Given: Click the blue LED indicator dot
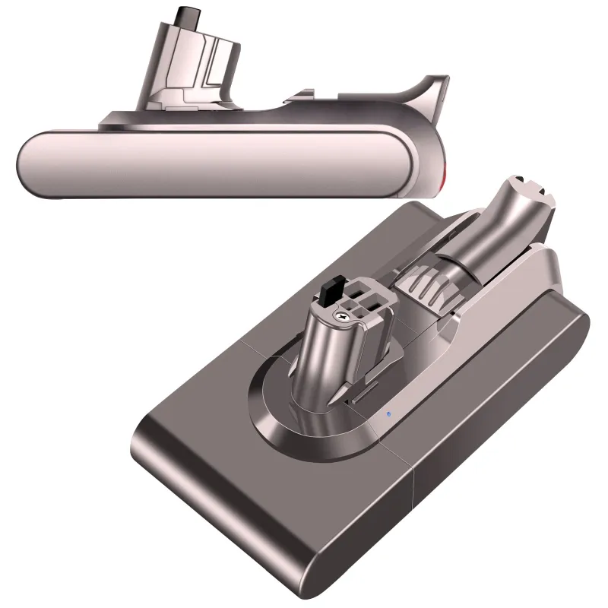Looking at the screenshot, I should [x=388, y=414].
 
